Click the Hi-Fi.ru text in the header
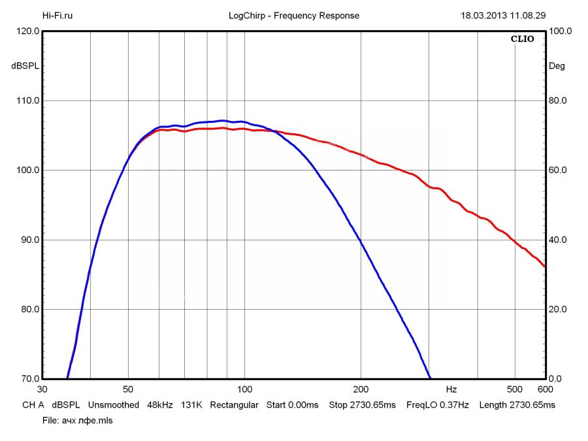click(57, 16)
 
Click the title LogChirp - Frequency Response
click(293, 16)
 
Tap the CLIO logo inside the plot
click(522, 39)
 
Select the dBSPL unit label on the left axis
click(25, 66)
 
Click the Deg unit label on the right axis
click(557, 66)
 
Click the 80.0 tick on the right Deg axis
click(560, 101)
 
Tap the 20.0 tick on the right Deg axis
click(560, 309)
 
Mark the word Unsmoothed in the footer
click(114, 405)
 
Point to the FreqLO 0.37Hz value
click(438, 405)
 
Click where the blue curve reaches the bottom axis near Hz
click(429, 378)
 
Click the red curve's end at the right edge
click(544, 266)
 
